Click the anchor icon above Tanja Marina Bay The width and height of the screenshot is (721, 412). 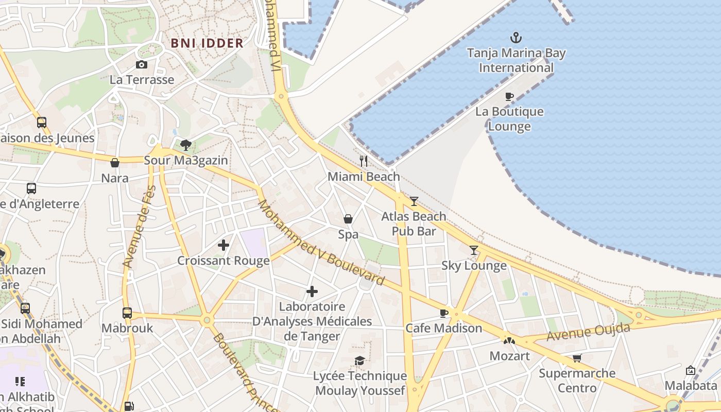tap(516, 38)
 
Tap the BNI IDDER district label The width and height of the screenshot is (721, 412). tap(207, 43)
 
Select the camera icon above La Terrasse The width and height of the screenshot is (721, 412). tap(141, 64)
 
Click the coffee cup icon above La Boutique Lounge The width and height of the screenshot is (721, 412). tap(509, 96)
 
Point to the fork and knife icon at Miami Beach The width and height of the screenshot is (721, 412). tap(364, 161)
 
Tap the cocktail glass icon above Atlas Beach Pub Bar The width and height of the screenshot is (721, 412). tap(414, 201)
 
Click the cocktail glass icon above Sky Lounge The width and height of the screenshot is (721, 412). tap(474, 250)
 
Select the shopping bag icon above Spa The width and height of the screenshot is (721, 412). tap(348, 219)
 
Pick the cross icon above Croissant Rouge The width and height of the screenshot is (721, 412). tap(224, 245)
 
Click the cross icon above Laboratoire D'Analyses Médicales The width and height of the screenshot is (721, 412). tap(312, 291)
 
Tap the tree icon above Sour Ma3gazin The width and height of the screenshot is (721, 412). tap(186, 145)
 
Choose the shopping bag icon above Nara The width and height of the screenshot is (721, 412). tap(115, 163)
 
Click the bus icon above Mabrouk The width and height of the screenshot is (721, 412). tap(127, 313)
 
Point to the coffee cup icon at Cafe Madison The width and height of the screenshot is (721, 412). tap(444, 313)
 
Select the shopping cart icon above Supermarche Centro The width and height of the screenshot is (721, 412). tap(577, 358)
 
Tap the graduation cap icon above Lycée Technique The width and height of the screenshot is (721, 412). tap(359, 360)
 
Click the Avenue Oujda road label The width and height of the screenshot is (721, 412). tap(588, 332)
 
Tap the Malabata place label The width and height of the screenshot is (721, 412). tap(690, 386)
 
